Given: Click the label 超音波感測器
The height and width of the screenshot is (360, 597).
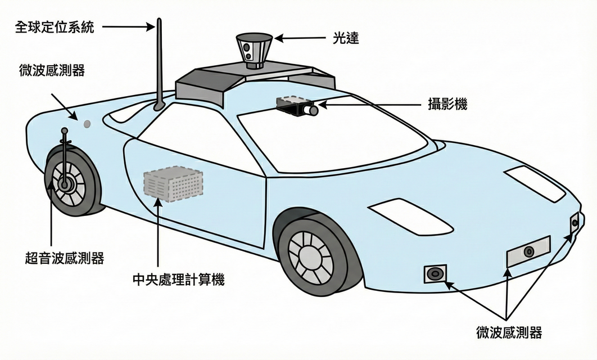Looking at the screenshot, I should [x=65, y=258].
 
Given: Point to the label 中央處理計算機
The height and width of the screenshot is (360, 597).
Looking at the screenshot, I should [x=178, y=279].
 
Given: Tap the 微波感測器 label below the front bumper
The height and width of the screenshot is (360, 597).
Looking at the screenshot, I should [x=508, y=332].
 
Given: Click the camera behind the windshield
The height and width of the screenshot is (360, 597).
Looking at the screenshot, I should [x=297, y=106].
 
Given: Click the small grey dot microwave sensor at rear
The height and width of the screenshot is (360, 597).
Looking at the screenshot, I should [x=87, y=123].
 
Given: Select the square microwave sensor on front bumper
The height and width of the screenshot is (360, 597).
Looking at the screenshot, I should [x=435, y=274].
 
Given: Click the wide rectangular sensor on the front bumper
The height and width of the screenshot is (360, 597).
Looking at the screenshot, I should [x=528, y=251].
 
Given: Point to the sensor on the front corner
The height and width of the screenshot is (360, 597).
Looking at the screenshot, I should [x=574, y=223].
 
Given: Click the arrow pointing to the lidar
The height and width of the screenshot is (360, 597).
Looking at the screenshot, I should [x=295, y=39].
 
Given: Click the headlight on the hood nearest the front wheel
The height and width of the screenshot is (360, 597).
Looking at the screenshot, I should [x=410, y=216].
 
